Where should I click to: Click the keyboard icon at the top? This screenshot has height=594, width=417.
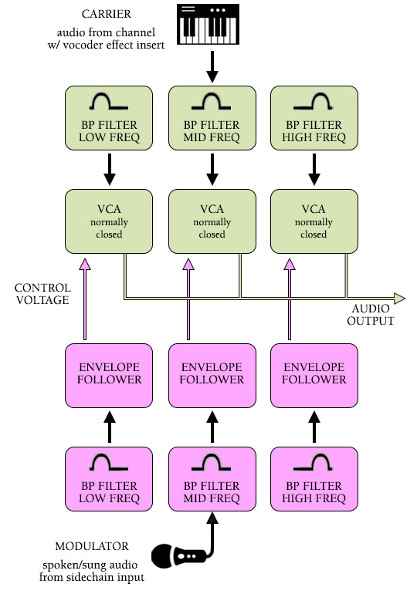[208, 24]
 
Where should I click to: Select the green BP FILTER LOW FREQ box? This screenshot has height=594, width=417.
[109, 118]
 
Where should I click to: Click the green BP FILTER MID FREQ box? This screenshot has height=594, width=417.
[212, 118]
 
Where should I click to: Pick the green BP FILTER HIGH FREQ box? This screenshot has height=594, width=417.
[314, 118]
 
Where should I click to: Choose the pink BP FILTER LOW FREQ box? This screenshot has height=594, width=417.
[109, 479]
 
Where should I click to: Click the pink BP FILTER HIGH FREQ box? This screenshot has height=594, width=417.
[314, 479]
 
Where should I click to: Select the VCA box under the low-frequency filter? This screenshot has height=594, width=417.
[109, 221]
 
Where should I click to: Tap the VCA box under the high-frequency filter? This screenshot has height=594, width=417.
[314, 221]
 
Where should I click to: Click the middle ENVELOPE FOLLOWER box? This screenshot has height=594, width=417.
[212, 376]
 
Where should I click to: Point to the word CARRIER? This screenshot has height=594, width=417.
[106, 14]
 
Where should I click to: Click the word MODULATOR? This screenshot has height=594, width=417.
[92, 546]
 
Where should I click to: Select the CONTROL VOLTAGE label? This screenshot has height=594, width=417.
[42, 294]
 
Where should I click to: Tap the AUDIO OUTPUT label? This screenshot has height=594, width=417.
[371, 315]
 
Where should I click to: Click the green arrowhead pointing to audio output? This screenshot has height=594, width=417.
[399, 299]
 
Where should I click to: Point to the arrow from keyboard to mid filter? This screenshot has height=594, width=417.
[212, 66]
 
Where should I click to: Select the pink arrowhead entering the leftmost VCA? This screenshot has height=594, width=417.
[85, 264]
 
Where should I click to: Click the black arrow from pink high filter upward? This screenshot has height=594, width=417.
[314, 427]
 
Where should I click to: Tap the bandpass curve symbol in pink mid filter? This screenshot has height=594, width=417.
[211, 462]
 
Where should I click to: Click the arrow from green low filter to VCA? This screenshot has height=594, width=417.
[109, 170]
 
